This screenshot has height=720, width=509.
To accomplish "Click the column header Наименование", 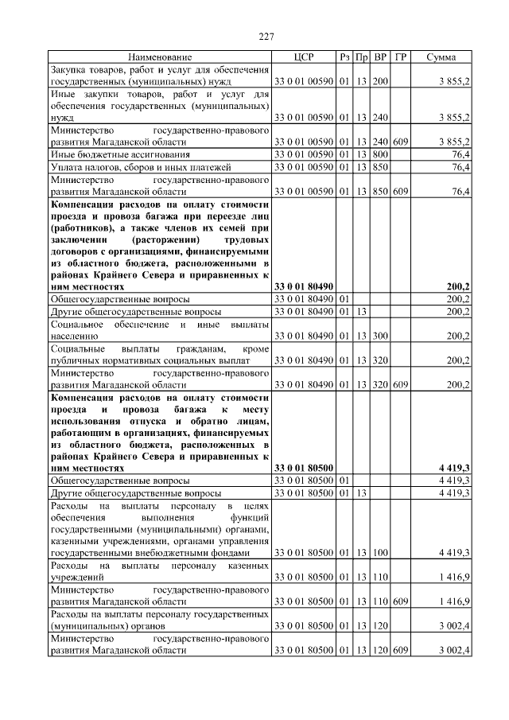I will pyautogui.click(x=160, y=57).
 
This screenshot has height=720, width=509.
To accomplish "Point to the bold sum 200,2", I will pyautogui.click(x=458, y=285).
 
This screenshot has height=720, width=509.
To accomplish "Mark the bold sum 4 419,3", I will pyautogui.click(x=454, y=469).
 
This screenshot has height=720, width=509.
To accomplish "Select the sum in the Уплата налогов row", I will pyautogui.click(x=460, y=167).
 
